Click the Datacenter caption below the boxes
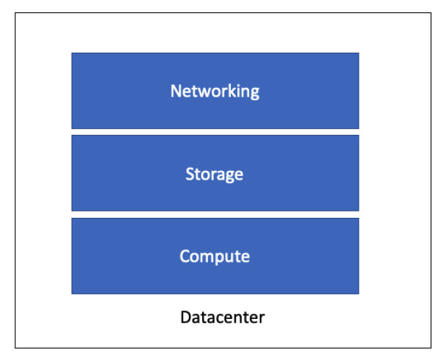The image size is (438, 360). tap(222, 317)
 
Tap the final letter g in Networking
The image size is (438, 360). tap(254, 93)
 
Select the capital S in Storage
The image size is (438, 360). tap(190, 174)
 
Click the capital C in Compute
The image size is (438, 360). tap(185, 256)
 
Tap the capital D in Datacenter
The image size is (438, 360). tap(185, 317)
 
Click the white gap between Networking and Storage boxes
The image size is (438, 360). tap(215, 132)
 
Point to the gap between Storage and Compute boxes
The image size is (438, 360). tap(215, 214)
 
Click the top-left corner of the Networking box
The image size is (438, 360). tap(72, 53)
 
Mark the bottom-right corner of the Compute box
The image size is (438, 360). tap(358, 293)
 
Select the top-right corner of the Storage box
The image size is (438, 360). tap(358, 136)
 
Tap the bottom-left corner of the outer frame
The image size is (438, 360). tap(16, 348)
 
